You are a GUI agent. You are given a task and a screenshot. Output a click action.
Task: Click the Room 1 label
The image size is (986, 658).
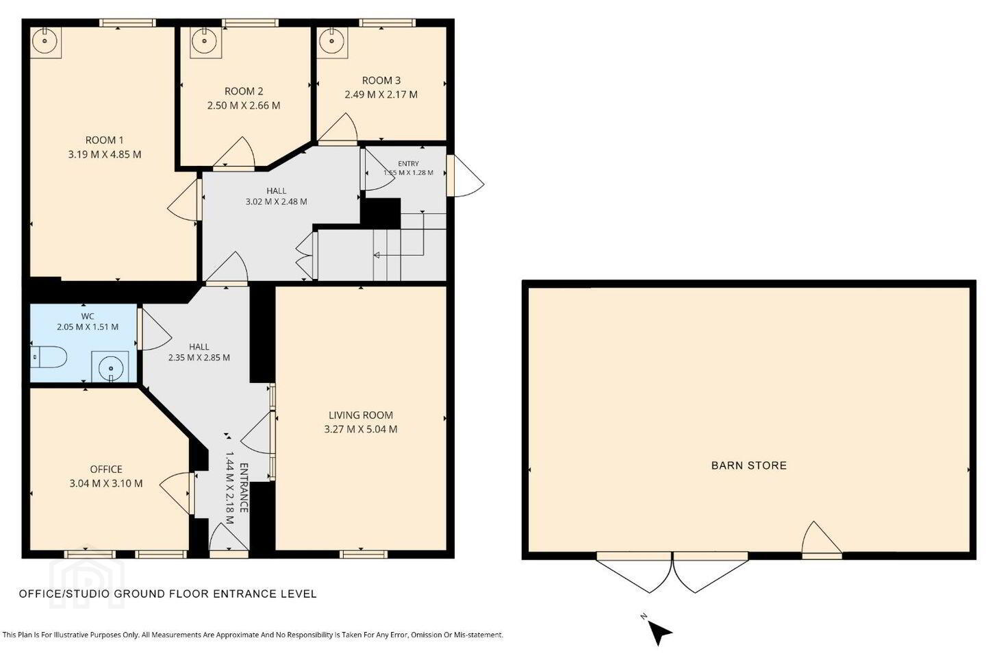[x=104, y=140]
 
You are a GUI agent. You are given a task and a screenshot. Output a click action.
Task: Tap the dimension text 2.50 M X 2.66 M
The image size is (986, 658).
[x=244, y=106]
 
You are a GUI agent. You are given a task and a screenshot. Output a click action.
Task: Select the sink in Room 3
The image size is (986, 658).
[x=332, y=42]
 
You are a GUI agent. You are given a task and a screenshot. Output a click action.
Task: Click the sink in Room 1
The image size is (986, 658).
[x=45, y=42]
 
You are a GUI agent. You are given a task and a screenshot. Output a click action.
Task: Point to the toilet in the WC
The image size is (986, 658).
[x=49, y=357]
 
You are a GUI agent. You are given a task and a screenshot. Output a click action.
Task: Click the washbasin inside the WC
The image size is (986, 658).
[x=110, y=367]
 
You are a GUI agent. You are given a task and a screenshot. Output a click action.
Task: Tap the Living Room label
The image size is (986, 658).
[x=361, y=415]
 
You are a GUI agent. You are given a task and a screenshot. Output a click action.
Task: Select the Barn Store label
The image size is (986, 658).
[x=749, y=466]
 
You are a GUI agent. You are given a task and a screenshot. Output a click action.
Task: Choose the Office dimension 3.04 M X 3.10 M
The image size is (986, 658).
[x=106, y=483]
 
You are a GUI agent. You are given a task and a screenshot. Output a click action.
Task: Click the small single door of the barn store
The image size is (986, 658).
[x=822, y=540]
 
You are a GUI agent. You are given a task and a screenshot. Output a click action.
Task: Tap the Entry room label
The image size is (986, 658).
[x=409, y=164]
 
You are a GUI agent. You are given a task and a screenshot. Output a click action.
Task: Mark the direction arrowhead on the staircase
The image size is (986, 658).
[x=377, y=255]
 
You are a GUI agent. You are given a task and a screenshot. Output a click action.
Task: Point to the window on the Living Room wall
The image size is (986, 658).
[x=364, y=555]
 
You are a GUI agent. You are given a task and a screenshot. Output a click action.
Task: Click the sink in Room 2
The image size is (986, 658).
[x=205, y=42]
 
